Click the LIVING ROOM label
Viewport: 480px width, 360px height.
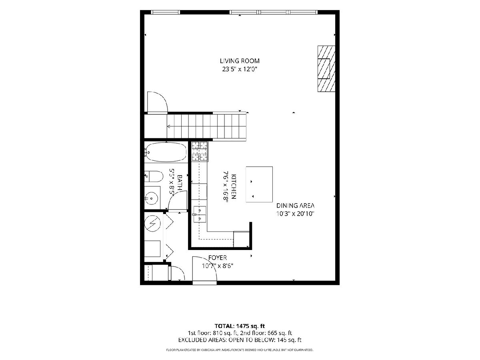click(x=240, y=61)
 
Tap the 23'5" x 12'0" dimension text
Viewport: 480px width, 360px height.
click(x=240, y=69)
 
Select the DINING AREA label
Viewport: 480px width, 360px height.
click(x=295, y=206)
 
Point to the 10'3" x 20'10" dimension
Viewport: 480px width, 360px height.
click(x=295, y=214)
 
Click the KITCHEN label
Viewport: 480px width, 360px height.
click(x=233, y=186)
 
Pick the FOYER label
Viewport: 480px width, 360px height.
click(x=217, y=258)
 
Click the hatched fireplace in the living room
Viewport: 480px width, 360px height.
click(x=326, y=69)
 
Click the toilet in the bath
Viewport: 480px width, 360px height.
click(x=154, y=176)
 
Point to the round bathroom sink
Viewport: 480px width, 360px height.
click(x=152, y=198)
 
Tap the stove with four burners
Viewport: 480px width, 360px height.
click(x=200, y=151)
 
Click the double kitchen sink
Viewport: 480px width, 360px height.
click(x=199, y=214)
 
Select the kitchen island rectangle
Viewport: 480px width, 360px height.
click(x=259, y=184)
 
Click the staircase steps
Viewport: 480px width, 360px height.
click(x=207, y=126)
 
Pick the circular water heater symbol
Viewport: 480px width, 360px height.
click(x=152, y=223)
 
